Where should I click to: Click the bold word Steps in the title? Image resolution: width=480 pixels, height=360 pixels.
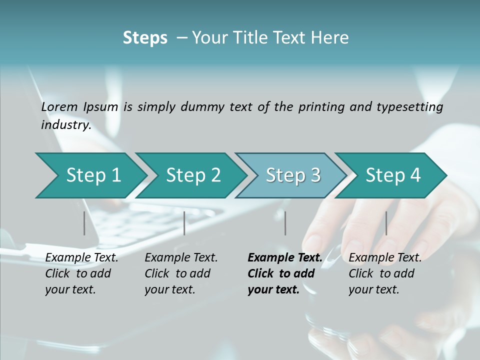145,37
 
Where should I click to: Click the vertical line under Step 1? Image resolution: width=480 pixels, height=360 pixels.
84,223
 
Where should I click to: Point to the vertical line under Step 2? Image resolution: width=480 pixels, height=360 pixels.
184,223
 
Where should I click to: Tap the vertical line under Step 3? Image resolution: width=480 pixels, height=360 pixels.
285,223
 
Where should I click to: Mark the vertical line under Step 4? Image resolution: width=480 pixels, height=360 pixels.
386,223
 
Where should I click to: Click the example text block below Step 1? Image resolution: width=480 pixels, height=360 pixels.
81,273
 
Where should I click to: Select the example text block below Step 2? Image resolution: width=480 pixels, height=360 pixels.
181,273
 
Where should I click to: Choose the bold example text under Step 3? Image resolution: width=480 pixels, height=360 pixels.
284,273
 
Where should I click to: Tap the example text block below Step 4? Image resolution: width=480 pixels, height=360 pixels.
385,273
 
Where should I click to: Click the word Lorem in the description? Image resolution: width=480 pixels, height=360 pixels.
59,106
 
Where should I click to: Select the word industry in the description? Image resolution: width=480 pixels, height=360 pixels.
66,125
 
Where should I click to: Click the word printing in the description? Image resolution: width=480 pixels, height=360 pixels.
321,106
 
